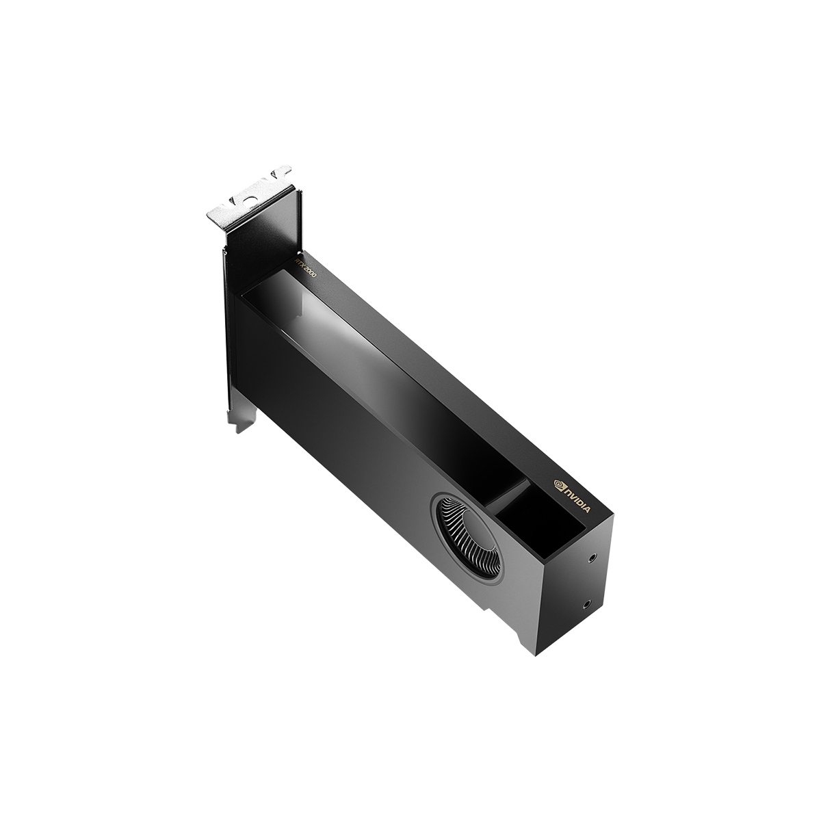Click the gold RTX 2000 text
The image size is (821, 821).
pyautogui.click(x=305, y=268)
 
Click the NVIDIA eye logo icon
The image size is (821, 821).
pyautogui.click(x=558, y=483)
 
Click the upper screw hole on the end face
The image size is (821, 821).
pyautogui.click(x=592, y=558)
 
